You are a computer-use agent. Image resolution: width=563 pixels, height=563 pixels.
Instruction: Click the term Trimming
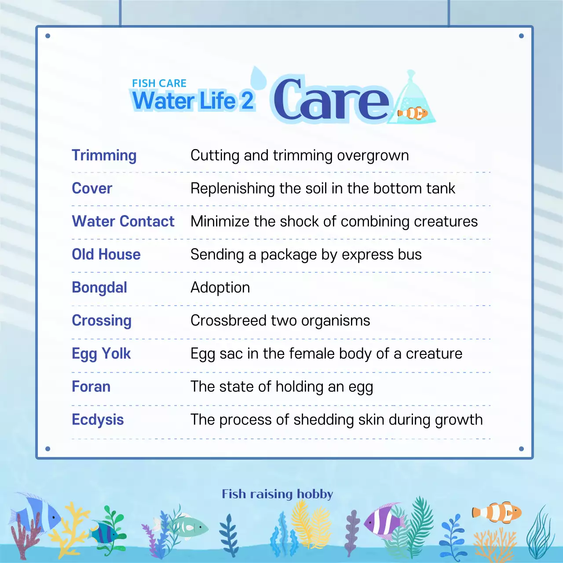[104, 156]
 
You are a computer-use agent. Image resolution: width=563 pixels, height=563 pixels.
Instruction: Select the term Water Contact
[123, 221]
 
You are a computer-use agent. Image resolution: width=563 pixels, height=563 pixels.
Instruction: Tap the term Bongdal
[99, 288]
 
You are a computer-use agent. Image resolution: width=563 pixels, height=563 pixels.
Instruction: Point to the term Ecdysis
[98, 420]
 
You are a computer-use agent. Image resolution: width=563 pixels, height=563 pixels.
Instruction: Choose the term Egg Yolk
[101, 354]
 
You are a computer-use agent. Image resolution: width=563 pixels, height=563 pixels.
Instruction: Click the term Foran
[91, 387]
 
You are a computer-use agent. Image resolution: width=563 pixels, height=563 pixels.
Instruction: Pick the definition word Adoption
[220, 288]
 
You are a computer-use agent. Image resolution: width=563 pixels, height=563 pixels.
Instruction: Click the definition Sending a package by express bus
[306, 255]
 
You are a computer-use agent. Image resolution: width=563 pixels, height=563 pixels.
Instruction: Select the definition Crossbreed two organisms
[280, 321]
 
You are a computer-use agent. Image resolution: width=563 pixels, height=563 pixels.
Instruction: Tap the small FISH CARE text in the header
[159, 83]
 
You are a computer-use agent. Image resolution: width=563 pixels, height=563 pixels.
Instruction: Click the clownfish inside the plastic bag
[413, 113]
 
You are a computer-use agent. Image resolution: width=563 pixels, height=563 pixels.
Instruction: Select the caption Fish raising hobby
[277, 494]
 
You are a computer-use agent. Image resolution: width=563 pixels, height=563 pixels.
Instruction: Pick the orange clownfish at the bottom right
[497, 512]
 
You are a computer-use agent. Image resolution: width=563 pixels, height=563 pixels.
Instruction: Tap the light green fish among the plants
[188, 526]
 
